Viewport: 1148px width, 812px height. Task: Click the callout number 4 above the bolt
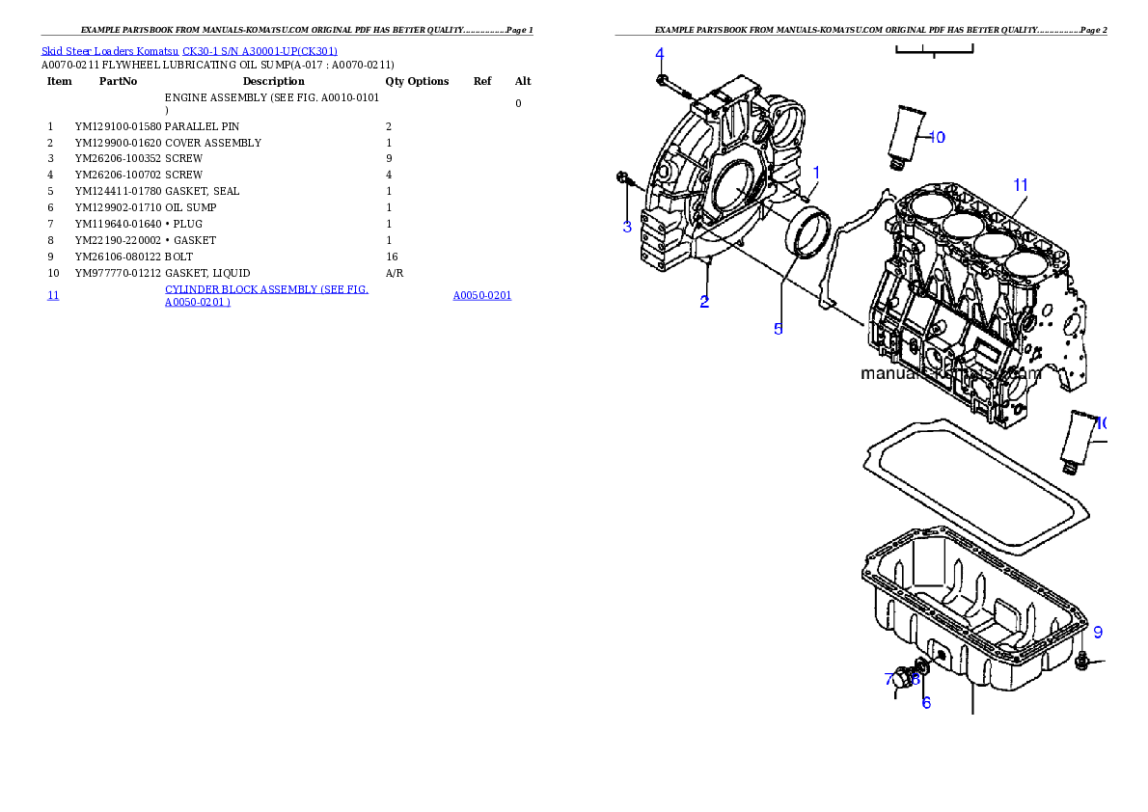660,53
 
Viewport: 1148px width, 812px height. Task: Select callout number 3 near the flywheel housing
627,228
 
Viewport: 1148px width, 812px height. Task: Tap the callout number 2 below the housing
705,302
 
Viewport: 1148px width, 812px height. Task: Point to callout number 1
815,172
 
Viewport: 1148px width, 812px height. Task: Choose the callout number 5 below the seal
778,329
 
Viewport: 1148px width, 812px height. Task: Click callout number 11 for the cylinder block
1021,184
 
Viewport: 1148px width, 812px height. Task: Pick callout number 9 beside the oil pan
1098,633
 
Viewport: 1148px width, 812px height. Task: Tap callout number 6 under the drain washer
926,703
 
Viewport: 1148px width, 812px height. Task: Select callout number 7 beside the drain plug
889,679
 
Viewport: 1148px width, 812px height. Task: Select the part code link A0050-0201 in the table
481,295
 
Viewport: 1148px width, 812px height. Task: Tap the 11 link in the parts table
53,295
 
